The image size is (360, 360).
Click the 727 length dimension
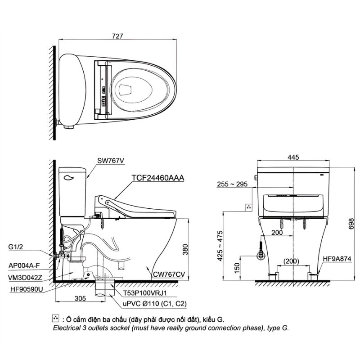tap(117, 36)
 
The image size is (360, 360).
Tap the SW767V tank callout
tap(111, 161)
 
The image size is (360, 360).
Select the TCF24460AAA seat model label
tap(158, 178)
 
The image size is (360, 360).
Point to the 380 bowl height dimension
tap(185, 249)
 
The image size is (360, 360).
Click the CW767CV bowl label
tap(168, 274)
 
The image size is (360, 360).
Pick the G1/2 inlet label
tap(16, 247)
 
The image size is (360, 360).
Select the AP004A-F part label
tap(24, 266)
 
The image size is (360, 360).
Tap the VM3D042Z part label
tap(25, 278)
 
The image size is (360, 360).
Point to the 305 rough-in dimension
tap(81, 298)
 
